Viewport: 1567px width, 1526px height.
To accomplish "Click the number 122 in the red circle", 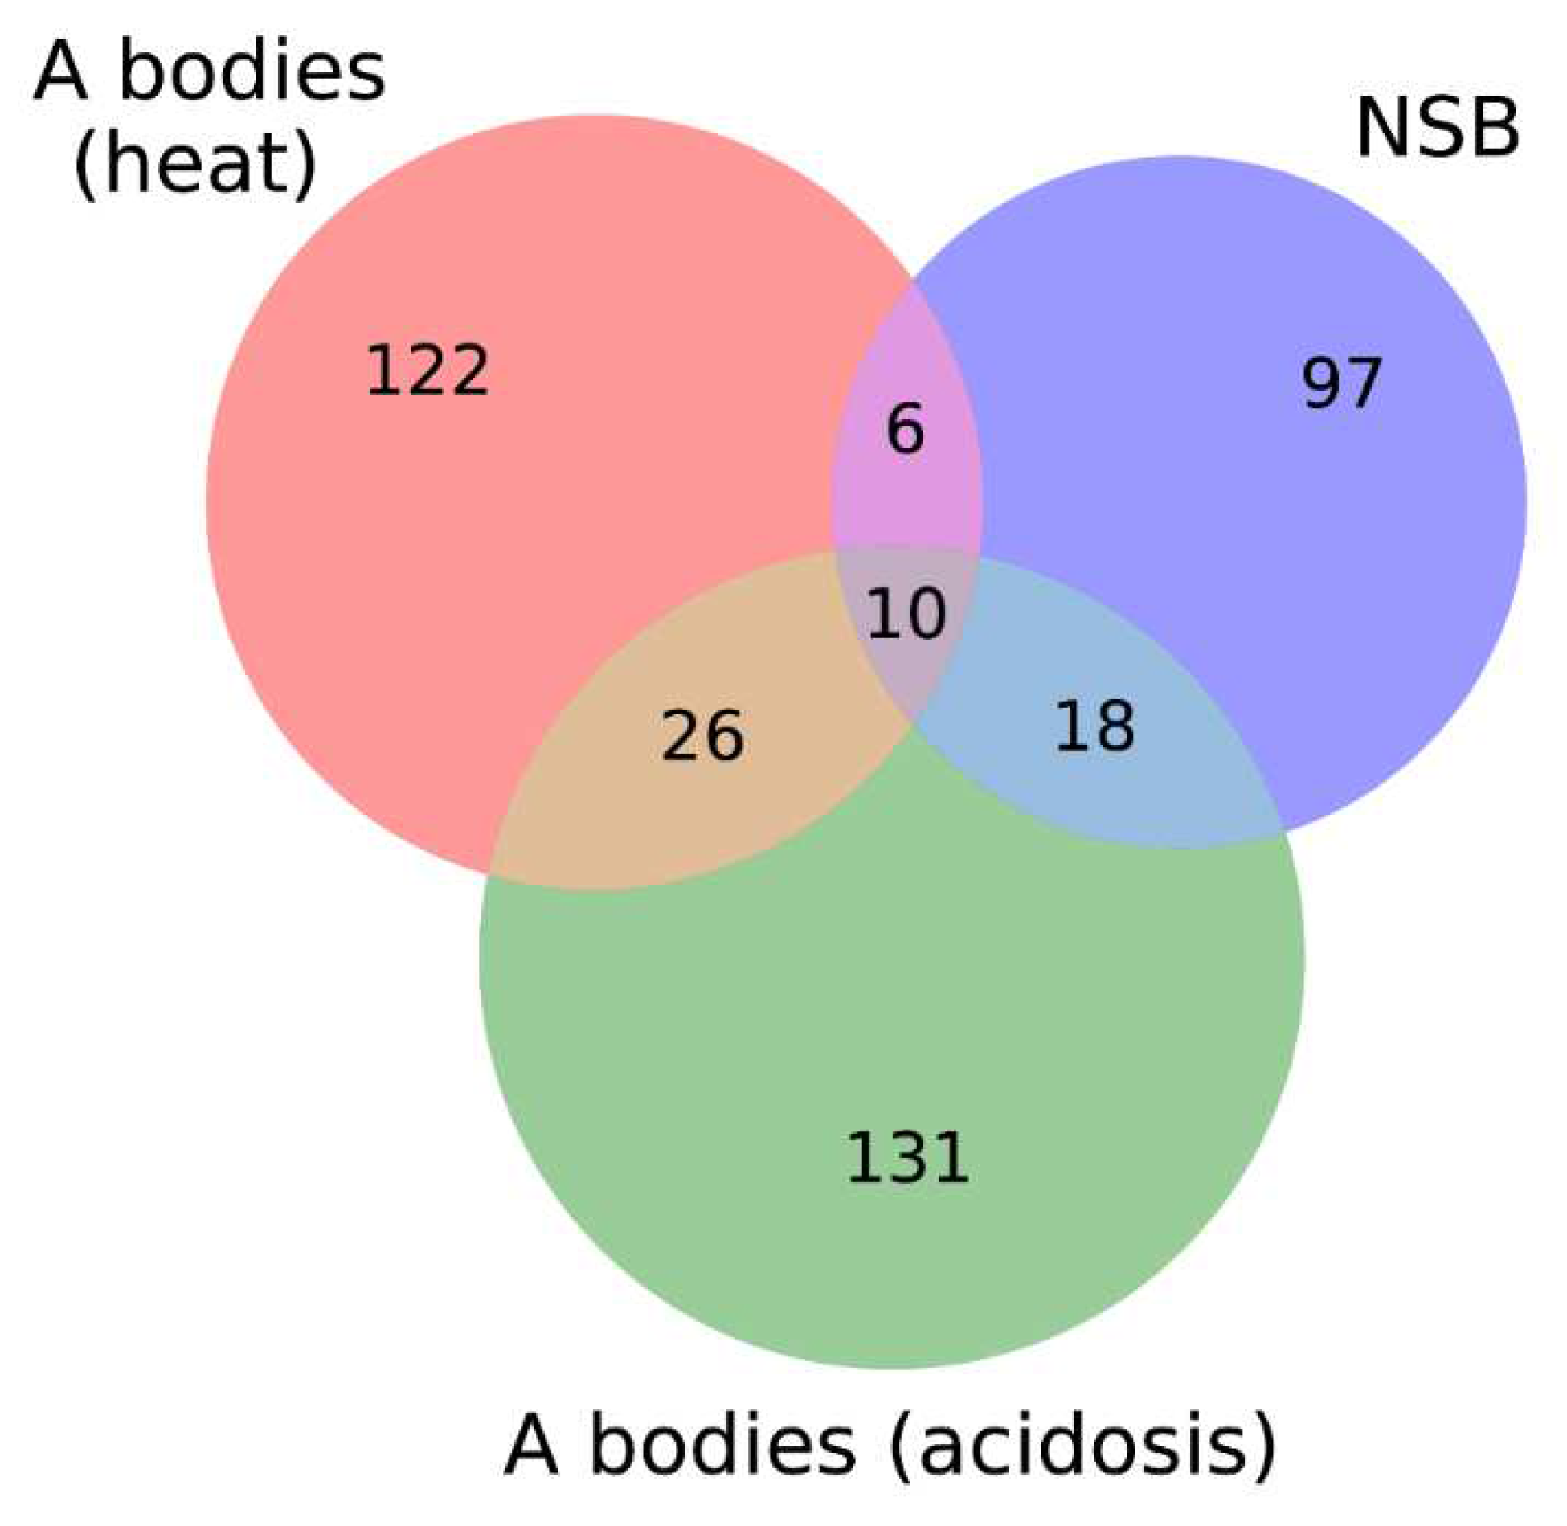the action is (x=427, y=370).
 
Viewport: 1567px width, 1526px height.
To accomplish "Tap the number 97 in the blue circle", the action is (x=1341, y=383).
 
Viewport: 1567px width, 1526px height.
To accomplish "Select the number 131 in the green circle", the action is (x=907, y=1158).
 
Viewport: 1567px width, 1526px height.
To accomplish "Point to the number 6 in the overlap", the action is (x=906, y=429).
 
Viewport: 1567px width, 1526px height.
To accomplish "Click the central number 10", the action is (x=906, y=613).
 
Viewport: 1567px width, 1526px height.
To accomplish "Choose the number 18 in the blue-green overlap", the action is (x=1094, y=726).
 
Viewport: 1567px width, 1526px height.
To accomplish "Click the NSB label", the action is (x=1438, y=129).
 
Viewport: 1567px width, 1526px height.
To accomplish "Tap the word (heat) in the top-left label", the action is (x=195, y=166).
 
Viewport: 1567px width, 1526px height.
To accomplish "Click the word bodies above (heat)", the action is (x=252, y=74).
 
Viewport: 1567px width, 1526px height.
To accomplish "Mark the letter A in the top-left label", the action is (x=61, y=75).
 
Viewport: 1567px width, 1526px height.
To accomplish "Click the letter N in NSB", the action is (x=1379, y=129).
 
